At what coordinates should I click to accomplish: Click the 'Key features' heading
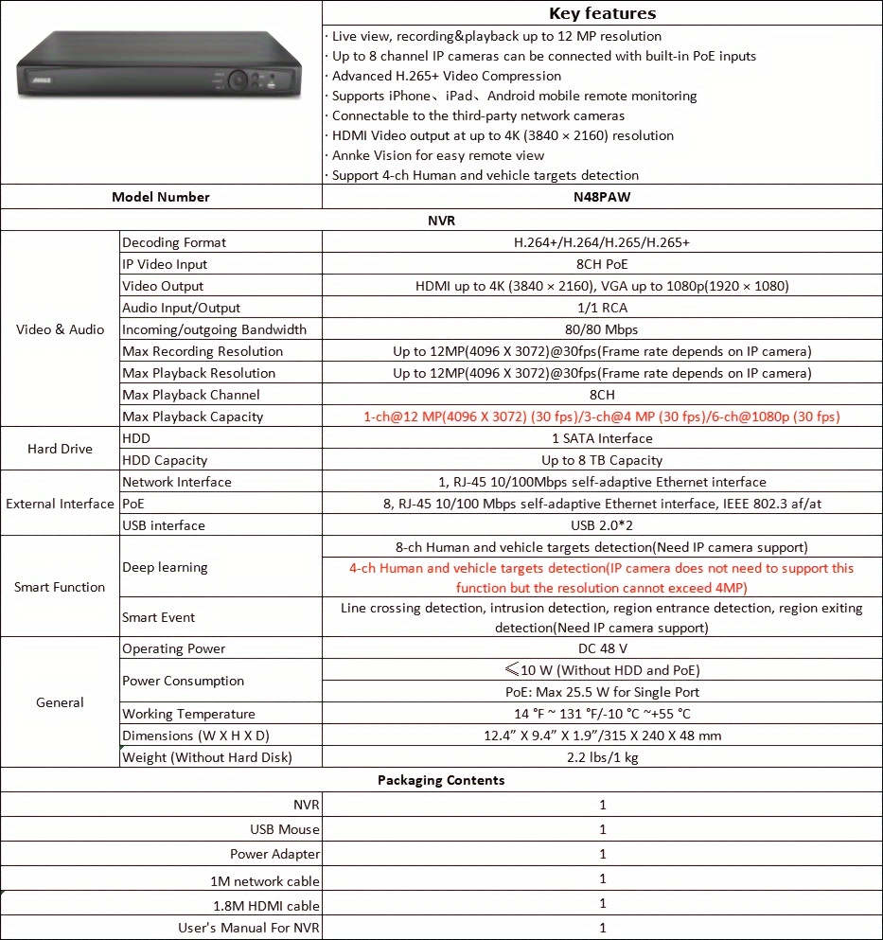[x=602, y=13]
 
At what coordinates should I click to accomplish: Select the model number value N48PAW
[x=602, y=197]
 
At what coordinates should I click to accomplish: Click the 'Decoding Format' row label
[x=174, y=242]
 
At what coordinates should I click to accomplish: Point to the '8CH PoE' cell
[x=602, y=264]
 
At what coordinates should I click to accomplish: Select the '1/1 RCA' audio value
[x=602, y=308]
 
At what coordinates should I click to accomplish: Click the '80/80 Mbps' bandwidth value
[x=602, y=329]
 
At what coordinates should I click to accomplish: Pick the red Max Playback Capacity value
[x=602, y=417]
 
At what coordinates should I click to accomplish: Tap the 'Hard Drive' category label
[x=60, y=449]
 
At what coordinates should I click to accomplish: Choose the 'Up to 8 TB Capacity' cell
[x=602, y=460]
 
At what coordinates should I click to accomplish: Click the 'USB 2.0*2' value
[x=602, y=525]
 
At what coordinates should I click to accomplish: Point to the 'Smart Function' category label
[x=60, y=587]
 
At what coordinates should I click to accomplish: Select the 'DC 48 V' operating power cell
[x=602, y=648]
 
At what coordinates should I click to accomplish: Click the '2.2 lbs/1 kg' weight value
[x=602, y=756]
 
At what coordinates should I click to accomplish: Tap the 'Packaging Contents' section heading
[x=441, y=780]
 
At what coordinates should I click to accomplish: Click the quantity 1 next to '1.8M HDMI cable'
[x=602, y=903]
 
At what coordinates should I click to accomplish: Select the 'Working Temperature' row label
[x=188, y=714]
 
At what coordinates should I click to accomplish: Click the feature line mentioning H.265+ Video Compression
[x=446, y=76]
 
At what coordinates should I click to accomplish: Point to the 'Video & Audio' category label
[x=60, y=329]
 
